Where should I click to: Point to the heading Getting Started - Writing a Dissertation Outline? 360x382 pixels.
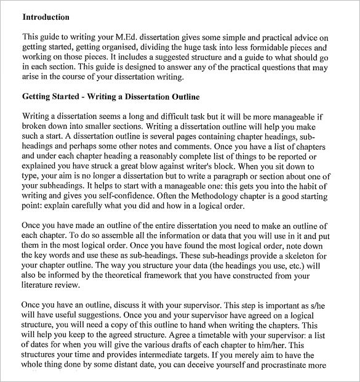click(111, 97)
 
